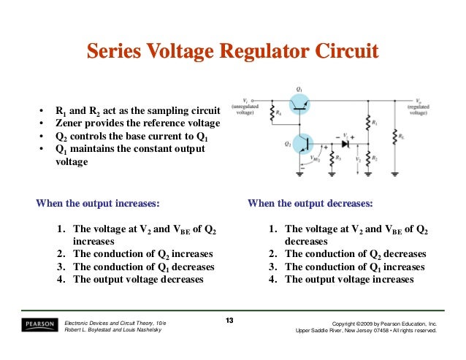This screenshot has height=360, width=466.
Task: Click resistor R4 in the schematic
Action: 270,114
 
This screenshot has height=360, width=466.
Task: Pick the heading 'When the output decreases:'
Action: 310,204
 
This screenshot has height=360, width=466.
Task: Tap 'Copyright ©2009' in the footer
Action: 358,323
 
